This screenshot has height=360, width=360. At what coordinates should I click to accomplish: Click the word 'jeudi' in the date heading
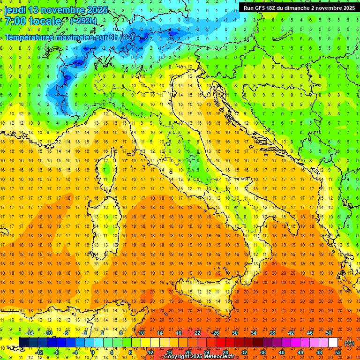tap(15, 10)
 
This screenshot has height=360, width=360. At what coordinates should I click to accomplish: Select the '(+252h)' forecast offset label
tap(83, 21)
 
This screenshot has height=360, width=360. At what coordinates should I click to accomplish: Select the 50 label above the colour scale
tap(329, 333)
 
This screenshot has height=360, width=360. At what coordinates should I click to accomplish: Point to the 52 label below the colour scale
tap(338, 352)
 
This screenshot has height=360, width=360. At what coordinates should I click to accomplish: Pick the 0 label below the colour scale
tap(93, 352)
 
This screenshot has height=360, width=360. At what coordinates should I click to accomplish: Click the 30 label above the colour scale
tap(234, 333)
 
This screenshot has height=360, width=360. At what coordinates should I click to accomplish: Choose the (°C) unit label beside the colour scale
tap(349, 343)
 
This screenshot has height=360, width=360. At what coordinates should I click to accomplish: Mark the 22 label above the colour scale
tap(197, 333)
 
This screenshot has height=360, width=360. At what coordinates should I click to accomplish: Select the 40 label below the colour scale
tap(282, 352)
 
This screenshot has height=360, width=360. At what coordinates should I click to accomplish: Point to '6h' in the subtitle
tap(112, 37)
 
